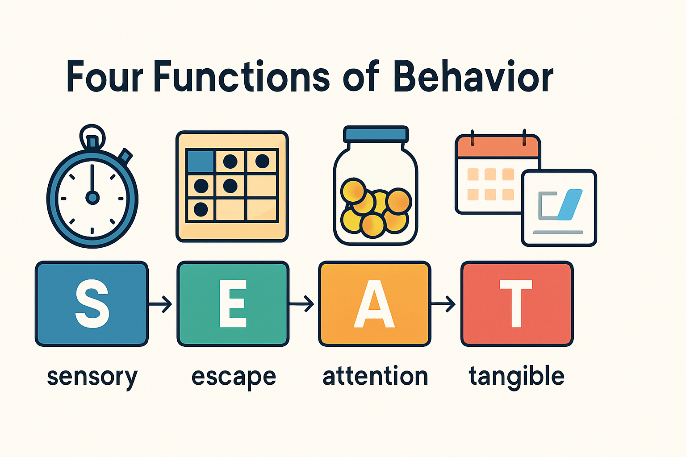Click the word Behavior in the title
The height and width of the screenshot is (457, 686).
point(473,77)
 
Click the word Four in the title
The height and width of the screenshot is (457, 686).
point(105,77)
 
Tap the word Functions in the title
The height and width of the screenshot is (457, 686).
point(241,77)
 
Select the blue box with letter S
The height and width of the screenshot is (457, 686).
point(92,304)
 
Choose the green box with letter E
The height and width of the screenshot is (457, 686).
point(233,304)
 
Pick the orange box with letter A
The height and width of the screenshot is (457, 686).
point(374,304)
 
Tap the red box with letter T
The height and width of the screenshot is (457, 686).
point(517,304)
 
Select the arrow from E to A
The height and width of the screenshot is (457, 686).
point(302,304)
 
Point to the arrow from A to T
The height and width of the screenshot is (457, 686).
point(444,304)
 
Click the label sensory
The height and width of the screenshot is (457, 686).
point(92,377)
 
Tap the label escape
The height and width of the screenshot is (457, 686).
point(234,377)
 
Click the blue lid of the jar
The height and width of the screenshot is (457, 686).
point(376,134)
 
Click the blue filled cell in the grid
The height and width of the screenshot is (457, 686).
point(201,161)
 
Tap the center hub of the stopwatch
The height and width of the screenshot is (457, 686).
point(92,197)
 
